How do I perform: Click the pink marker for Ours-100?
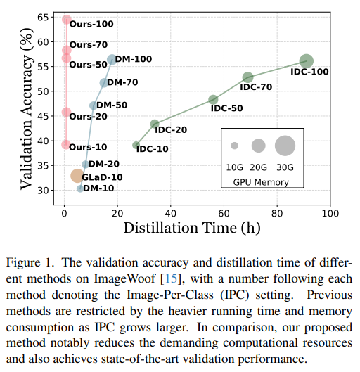pos(67,20)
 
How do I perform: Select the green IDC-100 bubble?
pos(306,62)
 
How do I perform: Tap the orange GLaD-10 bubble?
pos(77,176)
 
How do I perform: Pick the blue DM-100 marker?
pos(112,60)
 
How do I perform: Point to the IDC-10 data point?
pos(136,146)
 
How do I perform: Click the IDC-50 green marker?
pos(213,100)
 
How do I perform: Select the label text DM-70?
pos(123,82)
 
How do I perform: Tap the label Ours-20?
pos(88,116)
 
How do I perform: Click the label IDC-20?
pos(171,129)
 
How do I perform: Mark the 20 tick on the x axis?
pos(117,212)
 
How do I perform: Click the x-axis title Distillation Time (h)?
pos(192,227)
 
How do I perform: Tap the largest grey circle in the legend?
pos(285,146)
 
